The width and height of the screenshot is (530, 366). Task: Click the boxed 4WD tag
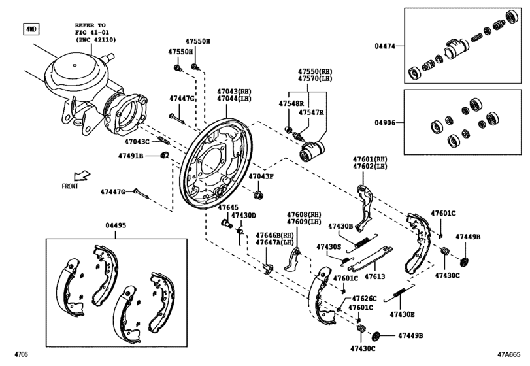point(31,29)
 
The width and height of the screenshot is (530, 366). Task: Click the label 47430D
point(246,215)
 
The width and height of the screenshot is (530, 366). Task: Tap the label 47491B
point(131,156)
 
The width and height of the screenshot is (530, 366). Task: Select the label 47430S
point(329,247)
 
